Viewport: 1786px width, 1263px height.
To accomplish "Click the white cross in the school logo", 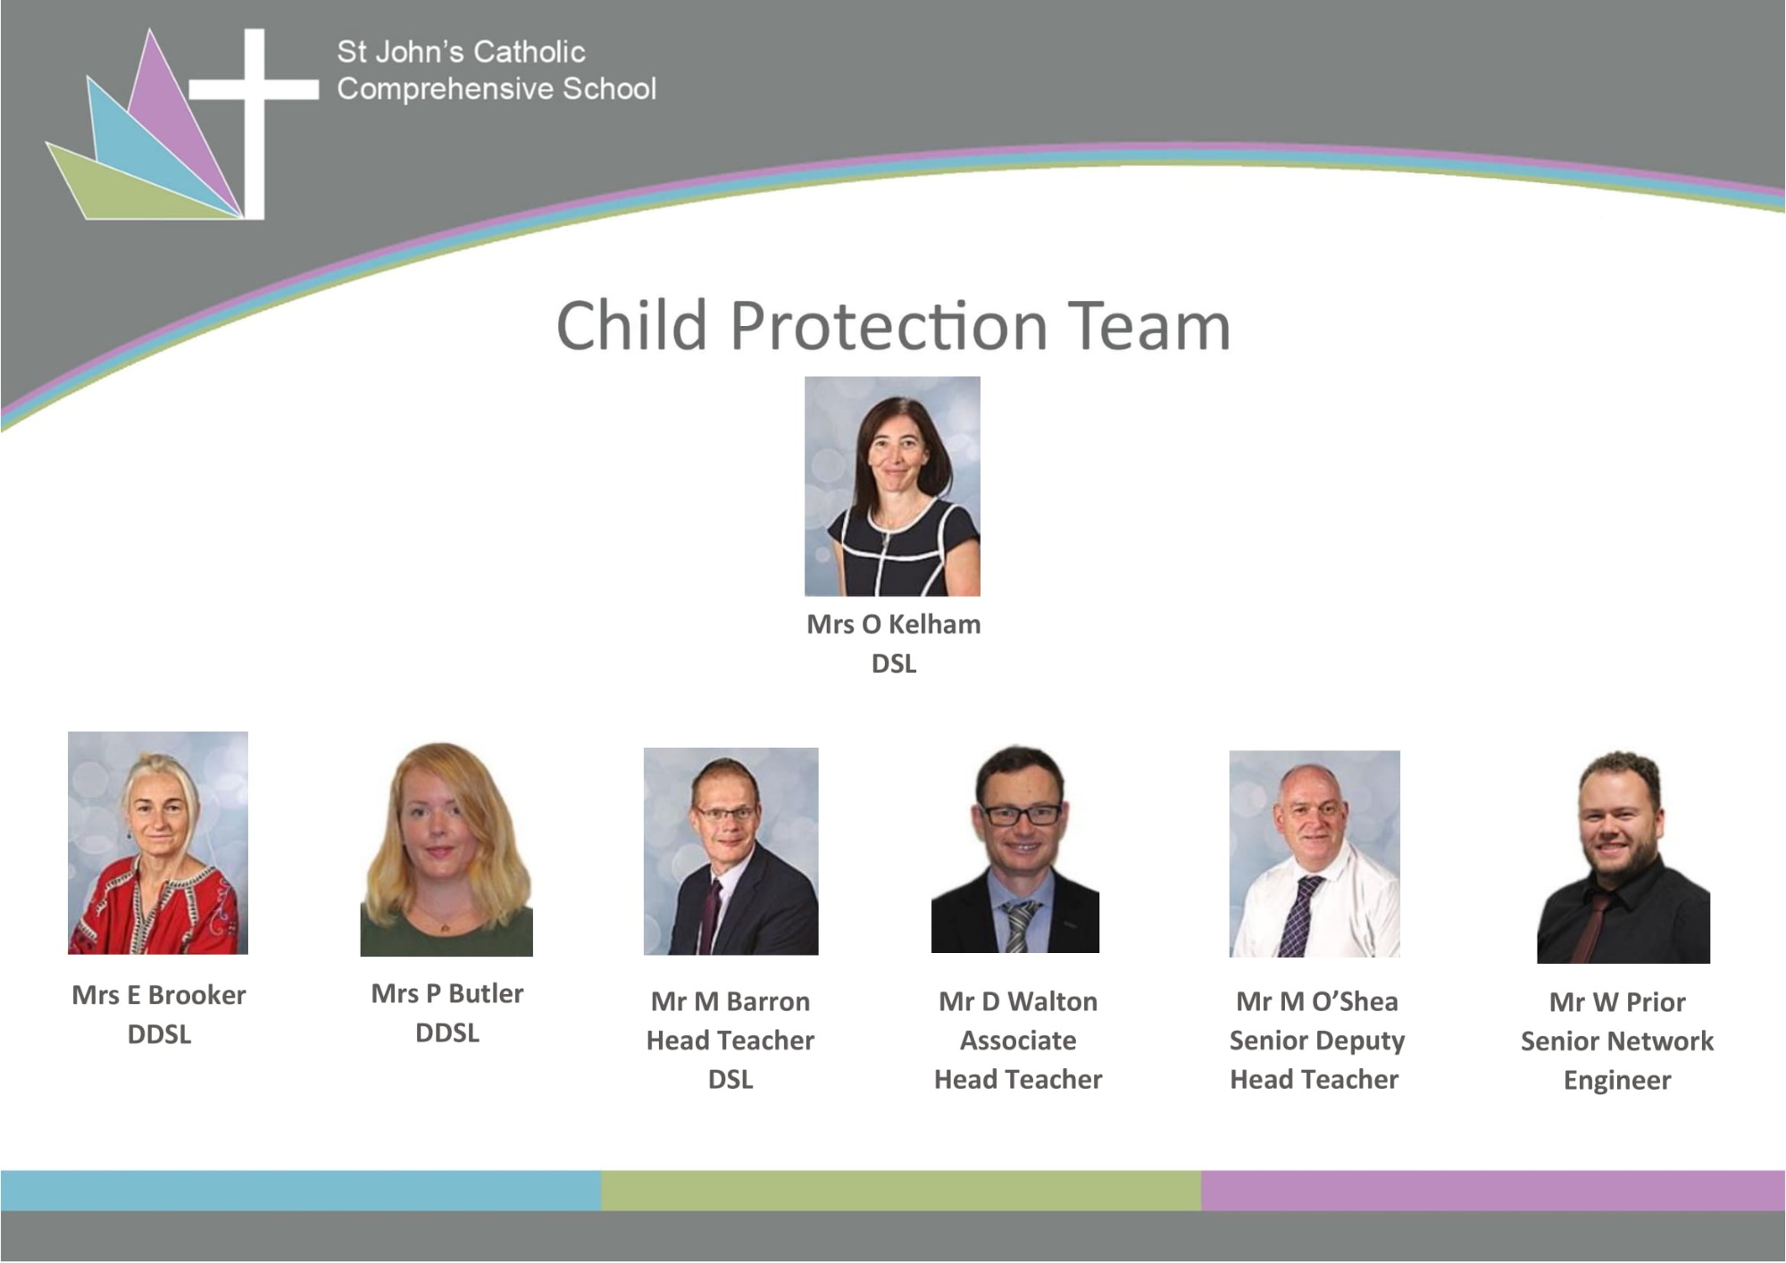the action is pyautogui.click(x=255, y=89).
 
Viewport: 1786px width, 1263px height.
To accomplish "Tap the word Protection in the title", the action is pyautogui.click(x=889, y=326).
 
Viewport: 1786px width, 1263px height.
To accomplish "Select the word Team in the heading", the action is pyautogui.click(x=1149, y=326).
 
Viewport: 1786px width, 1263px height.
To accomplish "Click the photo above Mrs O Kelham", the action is pyautogui.click(x=892, y=486).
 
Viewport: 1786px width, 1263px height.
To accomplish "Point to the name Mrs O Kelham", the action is pyautogui.click(x=893, y=624).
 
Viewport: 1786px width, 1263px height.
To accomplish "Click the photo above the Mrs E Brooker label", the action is pyautogui.click(x=158, y=842).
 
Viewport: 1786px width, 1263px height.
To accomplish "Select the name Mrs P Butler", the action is pyautogui.click(x=446, y=993).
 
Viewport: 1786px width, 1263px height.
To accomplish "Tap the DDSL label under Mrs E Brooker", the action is pyautogui.click(x=159, y=1034).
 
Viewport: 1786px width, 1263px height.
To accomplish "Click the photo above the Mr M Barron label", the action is pyautogui.click(x=730, y=851).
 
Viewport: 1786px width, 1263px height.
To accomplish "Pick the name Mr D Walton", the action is pyautogui.click(x=1018, y=1001).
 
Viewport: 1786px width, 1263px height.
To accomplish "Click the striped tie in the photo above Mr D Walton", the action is pyautogui.click(x=1018, y=925).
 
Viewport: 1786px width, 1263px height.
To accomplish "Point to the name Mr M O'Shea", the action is pyautogui.click(x=1316, y=1001).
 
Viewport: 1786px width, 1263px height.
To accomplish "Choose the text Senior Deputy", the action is pyautogui.click(x=1316, y=1041).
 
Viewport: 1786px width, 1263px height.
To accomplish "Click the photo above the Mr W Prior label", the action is pyautogui.click(x=1623, y=857).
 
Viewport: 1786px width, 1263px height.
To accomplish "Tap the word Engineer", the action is pyautogui.click(x=1617, y=1081).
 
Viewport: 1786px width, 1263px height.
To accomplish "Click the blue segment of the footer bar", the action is pyautogui.click(x=301, y=1191).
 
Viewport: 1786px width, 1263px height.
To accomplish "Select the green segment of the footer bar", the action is pyautogui.click(x=901, y=1191).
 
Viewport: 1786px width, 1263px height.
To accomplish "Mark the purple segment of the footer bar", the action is pyautogui.click(x=1493, y=1191).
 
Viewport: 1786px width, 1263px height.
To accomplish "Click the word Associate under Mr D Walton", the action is pyautogui.click(x=1018, y=1041).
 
